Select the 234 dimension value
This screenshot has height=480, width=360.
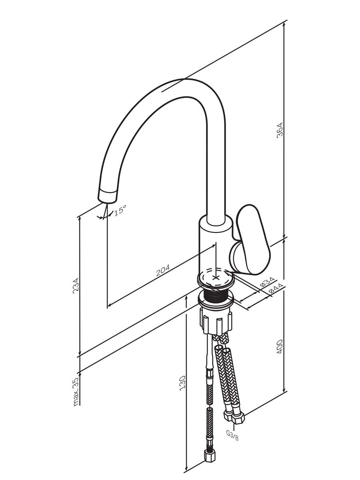click(76, 286)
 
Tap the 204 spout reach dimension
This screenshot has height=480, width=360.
click(163, 270)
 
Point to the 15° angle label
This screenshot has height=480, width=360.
click(120, 210)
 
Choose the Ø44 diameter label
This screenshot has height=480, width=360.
click(276, 288)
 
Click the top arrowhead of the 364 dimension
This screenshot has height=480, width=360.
click(284, 24)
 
